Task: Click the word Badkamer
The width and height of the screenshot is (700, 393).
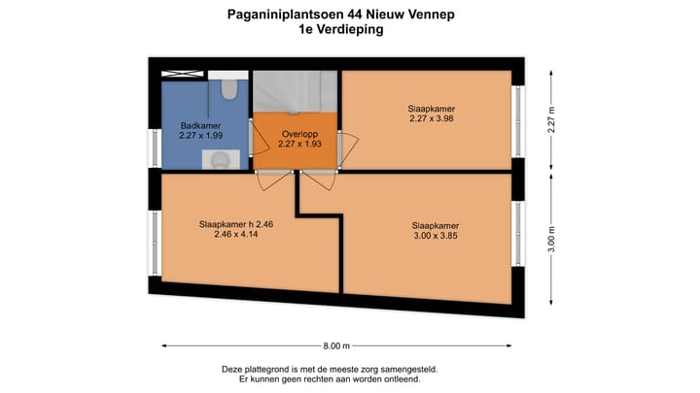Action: tap(201, 125)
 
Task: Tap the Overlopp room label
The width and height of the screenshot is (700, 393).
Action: tap(296, 133)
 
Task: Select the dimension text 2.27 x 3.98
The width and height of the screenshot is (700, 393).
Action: tap(432, 119)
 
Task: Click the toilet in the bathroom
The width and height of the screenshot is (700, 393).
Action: tap(229, 90)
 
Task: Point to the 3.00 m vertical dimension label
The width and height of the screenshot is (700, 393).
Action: tap(551, 237)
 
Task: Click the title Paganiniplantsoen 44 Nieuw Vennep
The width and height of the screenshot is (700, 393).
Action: tap(341, 15)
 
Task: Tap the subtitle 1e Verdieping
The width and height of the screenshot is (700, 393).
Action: tap(341, 30)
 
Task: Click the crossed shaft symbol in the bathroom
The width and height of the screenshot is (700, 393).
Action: tap(182, 74)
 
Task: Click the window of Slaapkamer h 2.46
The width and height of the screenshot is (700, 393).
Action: tap(154, 243)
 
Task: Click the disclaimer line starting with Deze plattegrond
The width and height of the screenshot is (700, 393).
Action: tap(330, 369)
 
